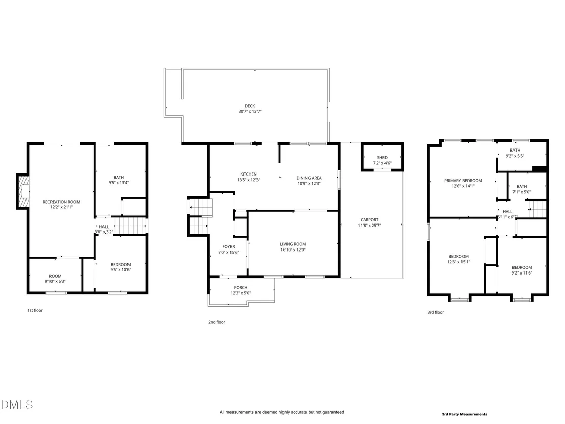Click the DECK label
[250, 106]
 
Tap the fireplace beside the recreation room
[23, 191]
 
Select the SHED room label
[382, 158]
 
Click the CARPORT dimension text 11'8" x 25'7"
[369, 226]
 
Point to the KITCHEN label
[248, 174]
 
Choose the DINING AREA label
[309, 178]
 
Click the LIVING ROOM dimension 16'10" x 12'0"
[293, 250]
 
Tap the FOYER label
[228, 247]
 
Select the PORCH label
[240, 288]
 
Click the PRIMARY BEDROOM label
[463, 181]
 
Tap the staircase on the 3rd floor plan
[537, 210]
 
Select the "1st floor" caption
[35, 310]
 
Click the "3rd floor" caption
[435, 312]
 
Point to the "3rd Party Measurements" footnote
[465, 414]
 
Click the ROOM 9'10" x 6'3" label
[55, 279]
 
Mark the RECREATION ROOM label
[61, 202]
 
